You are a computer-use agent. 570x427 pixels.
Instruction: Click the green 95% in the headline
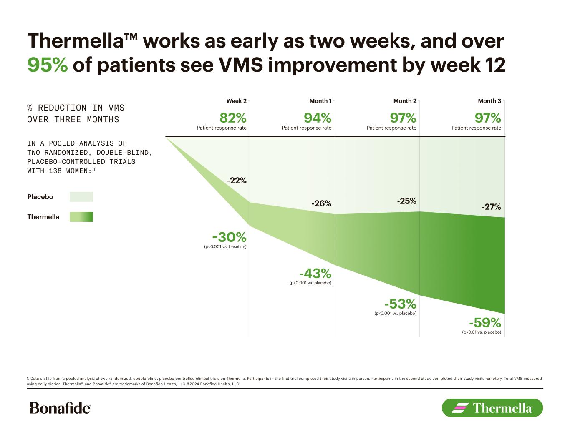click(x=47, y=65)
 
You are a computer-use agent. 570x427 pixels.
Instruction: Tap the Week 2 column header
click(x=236, y=101)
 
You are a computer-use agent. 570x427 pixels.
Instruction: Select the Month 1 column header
click(x=320, y=101)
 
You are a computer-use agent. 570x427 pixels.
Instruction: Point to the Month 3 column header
click(x=489, y=101)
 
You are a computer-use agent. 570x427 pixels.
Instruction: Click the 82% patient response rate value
click(x=232, y=118)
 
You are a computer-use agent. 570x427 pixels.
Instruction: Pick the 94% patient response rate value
click(x=317, y=118)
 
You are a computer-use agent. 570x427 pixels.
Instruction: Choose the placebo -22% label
click(x=237, y=181)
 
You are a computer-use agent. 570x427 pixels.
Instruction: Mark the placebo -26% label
click(x=321, y=203)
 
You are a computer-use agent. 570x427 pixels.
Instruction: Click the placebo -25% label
click(x=406, y=201)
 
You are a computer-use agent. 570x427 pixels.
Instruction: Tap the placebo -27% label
click(x=491, y=207)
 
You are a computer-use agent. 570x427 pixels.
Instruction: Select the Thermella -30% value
click(x=229, y=237)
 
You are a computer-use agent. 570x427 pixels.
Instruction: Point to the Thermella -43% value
click(x=315, y=274)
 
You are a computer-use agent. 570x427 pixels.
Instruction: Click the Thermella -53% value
click(x=400, y=304)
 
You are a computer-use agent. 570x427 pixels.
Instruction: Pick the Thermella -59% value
click(x=484, y=323)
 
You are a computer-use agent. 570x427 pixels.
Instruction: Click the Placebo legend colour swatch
click(x=81, y=197)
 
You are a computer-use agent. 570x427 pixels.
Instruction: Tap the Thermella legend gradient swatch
click(x=81, y=217)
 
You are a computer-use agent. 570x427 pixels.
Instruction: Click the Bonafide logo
click(x=60, y=408)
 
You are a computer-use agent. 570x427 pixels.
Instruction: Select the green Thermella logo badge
click(x=492, y=408)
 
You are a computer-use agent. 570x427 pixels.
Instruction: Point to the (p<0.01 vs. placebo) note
click(x=481, y=332)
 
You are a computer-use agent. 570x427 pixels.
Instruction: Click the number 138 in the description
click(x=55, y=171)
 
